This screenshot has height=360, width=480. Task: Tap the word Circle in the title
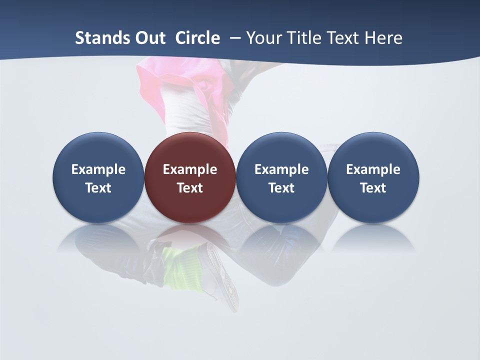click(x=197, y=38)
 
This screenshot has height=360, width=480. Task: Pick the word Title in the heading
click(x=305, y=38)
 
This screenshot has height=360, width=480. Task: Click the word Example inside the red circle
click(x=190, y=169)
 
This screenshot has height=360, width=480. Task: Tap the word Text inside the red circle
click(x=190, y=188)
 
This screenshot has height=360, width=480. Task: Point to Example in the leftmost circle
click(x=98, y=169)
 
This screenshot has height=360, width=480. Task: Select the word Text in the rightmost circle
click(x=373, y=188)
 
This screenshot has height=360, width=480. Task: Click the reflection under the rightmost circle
click(x=373, y=237)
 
